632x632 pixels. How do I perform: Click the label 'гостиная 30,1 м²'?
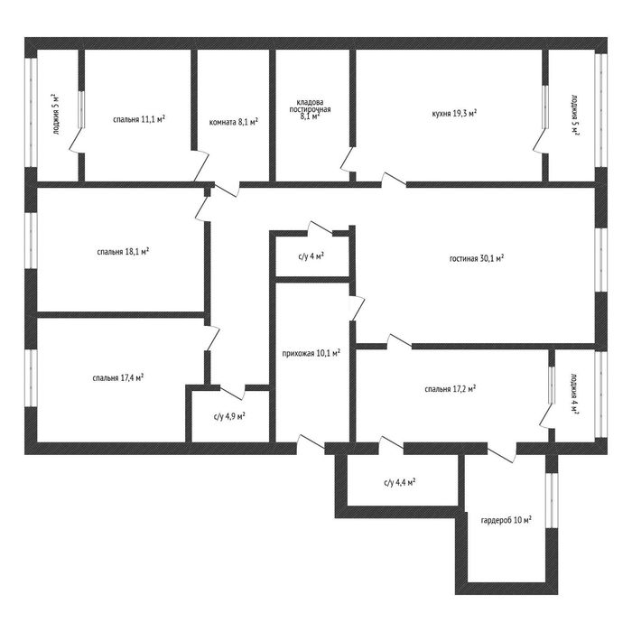click(477, 258)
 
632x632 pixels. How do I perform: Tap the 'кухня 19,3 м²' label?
click(454, 113)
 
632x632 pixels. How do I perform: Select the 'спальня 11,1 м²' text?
click(139, 119)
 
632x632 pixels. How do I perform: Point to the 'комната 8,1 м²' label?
click(233, 122)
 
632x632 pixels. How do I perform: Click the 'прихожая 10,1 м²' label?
click(311, 354)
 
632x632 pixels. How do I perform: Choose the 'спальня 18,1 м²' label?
click(123, 252)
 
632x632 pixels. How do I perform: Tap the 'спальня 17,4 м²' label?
click(118, 377)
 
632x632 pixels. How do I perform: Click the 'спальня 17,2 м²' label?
click(451, 389)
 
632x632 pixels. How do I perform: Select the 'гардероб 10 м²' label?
click(506, 519)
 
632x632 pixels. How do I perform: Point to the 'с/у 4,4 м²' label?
click(400, 482)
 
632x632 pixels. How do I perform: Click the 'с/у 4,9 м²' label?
click(229, 416)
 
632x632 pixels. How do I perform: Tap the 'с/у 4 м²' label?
click(311, 256)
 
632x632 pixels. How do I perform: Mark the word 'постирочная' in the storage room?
click(310, 109)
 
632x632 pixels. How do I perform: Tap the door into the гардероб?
click(502, 453)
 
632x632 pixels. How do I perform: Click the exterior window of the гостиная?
click(601, 260)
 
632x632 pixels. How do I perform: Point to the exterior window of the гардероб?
click(552, 500)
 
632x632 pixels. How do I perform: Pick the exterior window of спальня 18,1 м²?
click(31, 240)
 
